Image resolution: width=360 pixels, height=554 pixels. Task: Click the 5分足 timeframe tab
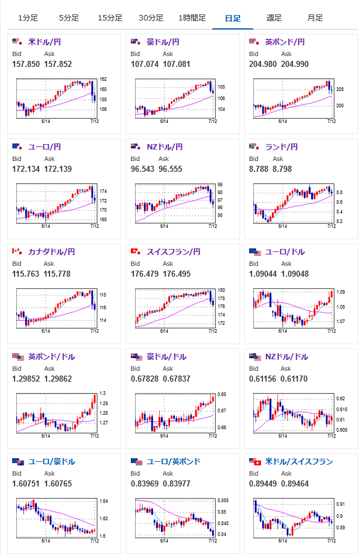click(69, 18)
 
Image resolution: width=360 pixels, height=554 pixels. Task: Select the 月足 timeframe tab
click(315, 18)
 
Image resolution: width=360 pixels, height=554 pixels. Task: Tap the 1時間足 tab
click(192, 18)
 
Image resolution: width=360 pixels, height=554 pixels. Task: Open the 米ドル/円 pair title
click(45, 42)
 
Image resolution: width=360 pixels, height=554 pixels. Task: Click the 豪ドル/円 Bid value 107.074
click(145, 65)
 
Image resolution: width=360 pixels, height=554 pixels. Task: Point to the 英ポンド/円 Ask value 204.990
click(295, 65)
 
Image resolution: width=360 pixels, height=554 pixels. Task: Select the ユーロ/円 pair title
click(45, 147)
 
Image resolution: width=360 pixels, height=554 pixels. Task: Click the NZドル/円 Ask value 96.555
click(170, 169)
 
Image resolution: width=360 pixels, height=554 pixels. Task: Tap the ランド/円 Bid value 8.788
click(259, 169)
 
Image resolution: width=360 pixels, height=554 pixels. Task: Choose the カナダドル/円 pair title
click(52, 252)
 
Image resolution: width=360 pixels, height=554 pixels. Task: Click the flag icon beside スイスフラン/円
click(136, 251)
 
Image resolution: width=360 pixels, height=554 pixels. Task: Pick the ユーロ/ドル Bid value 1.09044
click(263, 274)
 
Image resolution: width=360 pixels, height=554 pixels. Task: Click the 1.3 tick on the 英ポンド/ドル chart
click(103, 393)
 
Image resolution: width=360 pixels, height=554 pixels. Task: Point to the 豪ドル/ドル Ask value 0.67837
click(177, 379)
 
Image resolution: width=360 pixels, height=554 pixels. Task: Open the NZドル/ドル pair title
click(286, 357)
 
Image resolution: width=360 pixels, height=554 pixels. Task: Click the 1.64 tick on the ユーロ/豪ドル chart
click(104, 502)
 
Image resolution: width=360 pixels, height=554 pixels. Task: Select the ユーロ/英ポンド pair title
click(174, 462)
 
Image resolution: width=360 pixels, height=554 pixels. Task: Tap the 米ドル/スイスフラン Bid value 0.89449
click(263, 484)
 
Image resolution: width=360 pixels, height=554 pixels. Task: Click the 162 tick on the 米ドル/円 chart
click(103, 79)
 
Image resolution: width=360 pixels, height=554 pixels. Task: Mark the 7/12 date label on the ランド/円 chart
click(332, 226)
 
